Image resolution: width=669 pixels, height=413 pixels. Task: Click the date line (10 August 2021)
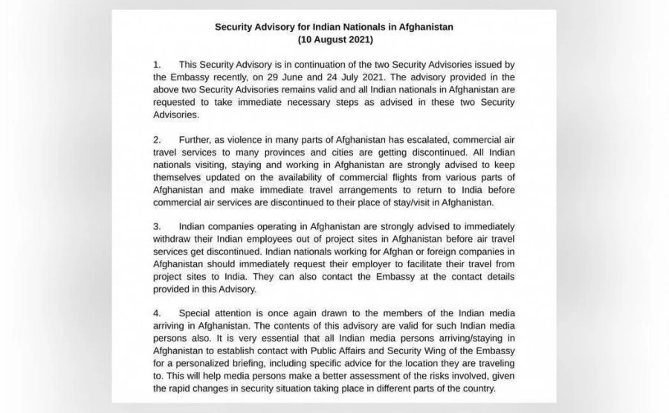tap(334, 39)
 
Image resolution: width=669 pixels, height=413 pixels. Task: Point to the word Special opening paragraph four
tap(196, 312)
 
